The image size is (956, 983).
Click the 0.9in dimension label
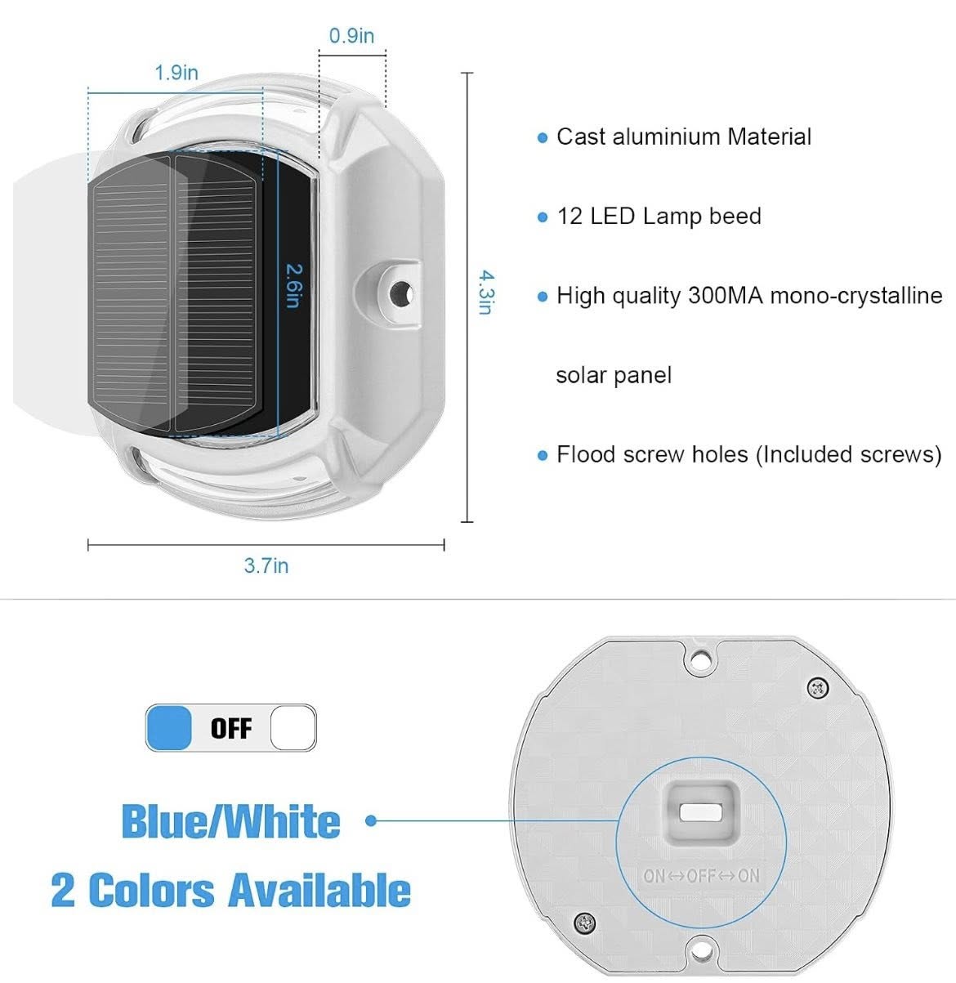[x=351, y=36]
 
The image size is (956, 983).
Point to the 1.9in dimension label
[x=176, y=73]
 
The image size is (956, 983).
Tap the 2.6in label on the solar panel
[x=294, y=285]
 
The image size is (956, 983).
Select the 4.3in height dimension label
[x=487, y=292]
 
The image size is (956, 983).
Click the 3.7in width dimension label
[x=266, y=565]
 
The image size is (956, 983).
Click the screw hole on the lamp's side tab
[x=400, y=293]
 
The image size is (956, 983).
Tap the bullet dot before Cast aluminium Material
[x=543, y=138]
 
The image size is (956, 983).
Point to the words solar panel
[x=614, y=375]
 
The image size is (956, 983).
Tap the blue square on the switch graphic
[x=168, y=728]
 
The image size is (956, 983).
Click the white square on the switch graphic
[x=293, y=728]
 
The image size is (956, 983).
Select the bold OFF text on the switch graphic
[x=230, y=728]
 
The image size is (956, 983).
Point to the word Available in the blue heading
[x=319, y=890]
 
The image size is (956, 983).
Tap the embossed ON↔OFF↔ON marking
[x=701, y=875]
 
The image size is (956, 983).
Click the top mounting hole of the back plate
[x=700, y=659]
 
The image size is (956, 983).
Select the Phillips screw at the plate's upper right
[x=818, y=687]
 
